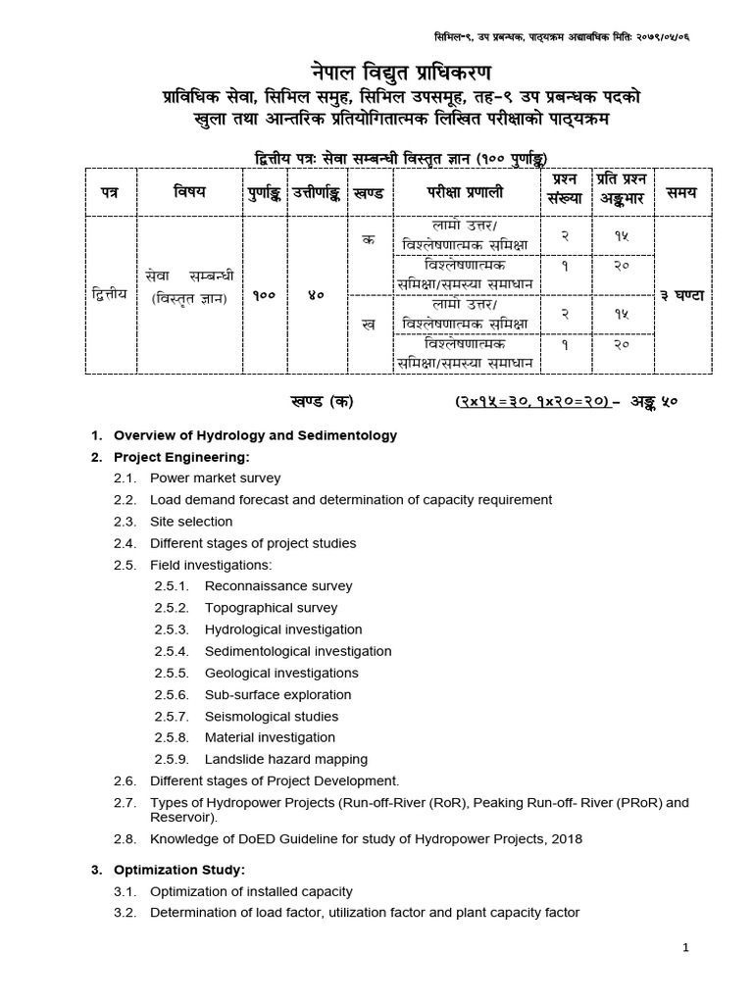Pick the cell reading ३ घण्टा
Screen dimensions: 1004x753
(x=682, y=294)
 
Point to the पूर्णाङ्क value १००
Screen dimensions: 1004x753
(x=263, y=294)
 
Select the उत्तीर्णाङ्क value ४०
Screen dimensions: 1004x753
(x=317, y=294)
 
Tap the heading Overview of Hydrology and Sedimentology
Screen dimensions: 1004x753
(x=256, y=435)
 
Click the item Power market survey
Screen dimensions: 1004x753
(x=215, y=478)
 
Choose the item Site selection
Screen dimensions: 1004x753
(x=191, y=522)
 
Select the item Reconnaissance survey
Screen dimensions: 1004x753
(x=278, y=586)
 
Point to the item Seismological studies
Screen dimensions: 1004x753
(x=272, y=716)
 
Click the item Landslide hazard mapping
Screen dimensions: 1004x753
(x=286, y=759)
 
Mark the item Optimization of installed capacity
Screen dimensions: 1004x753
(x=251, y=891)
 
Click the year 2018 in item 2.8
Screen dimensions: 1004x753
(x=567, y=839)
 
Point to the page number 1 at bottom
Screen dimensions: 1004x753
(x=687, y=947)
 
